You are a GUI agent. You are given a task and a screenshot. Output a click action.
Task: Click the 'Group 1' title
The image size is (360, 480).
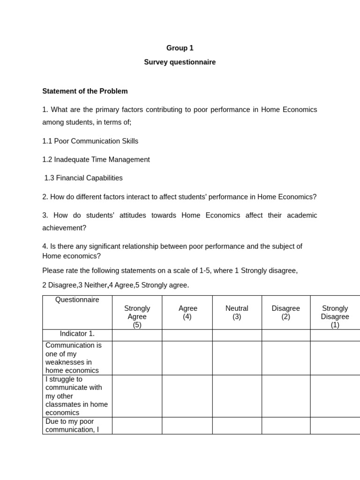coord(180,48)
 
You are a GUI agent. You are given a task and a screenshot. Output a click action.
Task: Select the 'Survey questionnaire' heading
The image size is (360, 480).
coord(180,62)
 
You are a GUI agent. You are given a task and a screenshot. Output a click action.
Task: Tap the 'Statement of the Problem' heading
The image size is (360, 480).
coord(85,91)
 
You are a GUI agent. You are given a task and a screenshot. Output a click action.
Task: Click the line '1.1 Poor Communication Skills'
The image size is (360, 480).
coord(90,141)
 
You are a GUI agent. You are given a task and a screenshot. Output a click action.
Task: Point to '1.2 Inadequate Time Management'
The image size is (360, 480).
coord(96,159)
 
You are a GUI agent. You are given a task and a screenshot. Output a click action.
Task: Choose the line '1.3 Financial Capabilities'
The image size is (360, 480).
coord(83,178)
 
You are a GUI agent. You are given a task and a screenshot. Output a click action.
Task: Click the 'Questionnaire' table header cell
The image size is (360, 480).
coord(77,300)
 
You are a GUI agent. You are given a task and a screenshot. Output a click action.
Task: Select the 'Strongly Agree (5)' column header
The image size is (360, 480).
coord(137,316)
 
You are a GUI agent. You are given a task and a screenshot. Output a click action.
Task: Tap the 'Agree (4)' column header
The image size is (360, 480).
coord(187,312)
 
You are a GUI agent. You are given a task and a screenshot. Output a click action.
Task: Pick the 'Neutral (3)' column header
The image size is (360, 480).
coord(237,312)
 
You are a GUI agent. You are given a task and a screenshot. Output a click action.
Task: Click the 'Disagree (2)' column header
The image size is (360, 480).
coord(286,312)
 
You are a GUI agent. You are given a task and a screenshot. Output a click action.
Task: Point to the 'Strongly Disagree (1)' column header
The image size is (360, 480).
coord(335,316)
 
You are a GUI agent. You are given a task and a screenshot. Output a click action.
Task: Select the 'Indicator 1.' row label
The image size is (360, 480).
coord(77,334)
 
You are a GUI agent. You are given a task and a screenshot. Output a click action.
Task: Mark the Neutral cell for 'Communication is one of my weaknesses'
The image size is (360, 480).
coord(237,358)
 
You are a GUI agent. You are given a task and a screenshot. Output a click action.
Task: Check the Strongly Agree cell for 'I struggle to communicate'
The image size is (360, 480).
coord(137,396)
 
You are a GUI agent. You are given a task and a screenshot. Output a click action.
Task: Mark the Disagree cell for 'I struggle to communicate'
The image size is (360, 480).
coord(286,396)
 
